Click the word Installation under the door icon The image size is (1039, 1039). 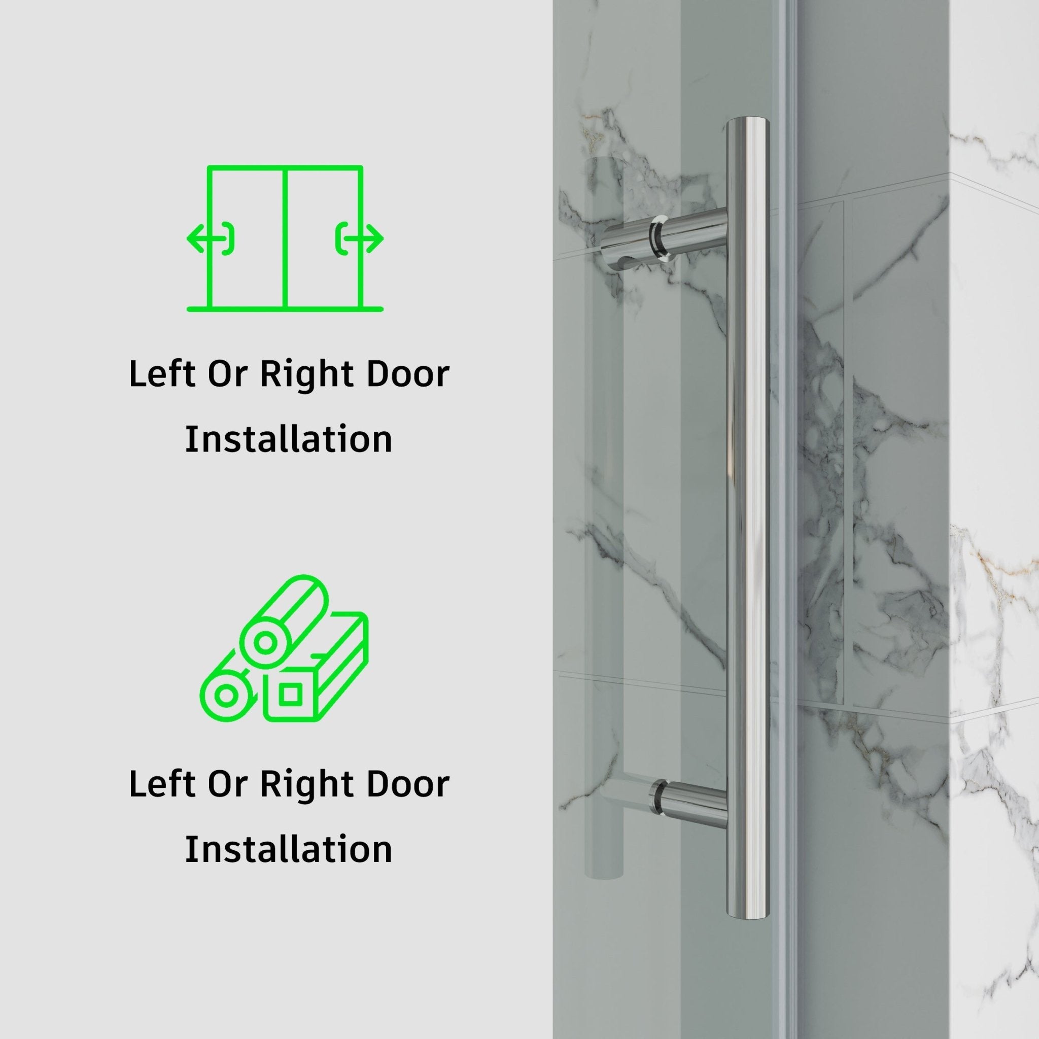click(x=289, y=439)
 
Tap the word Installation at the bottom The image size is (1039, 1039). click(x=289, y=850)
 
